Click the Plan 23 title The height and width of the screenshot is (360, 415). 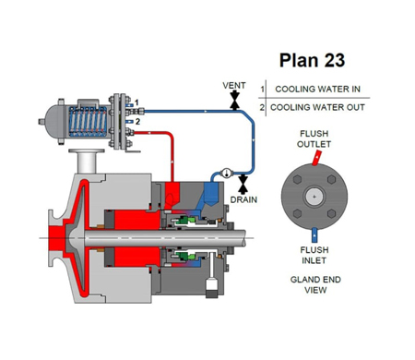312,60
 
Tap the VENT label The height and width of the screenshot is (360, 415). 234,85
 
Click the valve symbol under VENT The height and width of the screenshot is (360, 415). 235,100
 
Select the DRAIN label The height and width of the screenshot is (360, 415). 243,199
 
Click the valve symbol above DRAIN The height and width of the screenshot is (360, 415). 243,184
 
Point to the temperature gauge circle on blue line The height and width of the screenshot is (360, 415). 227,173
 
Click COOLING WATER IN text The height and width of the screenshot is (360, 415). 317,89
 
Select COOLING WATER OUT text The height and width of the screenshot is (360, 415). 317,107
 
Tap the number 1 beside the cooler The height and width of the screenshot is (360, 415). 136,102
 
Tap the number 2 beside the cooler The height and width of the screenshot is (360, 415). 137,122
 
